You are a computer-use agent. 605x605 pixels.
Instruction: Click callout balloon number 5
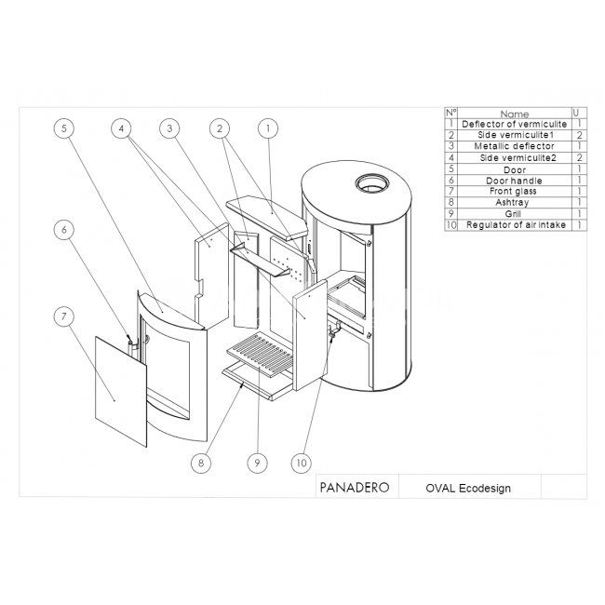pyautogui.click(x=63, y=128)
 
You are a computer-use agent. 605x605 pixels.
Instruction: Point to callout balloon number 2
pyautogui.click(x=220, y=128)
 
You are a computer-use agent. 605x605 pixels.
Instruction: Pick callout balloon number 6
pyautogui.click(x=63, y=229)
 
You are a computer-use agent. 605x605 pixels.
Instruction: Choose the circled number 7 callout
pyautogui.click(x=63, y=316)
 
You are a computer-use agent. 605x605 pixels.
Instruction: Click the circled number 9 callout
pyautogui.click(x=256, y=462)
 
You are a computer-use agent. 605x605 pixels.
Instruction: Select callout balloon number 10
pyautogui.click(x=301, y=462)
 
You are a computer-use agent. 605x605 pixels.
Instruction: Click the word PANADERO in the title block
pyautogui.click(x=354, y=488)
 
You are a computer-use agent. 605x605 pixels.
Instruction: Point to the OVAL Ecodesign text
pyautogui.click(x=468, y=488)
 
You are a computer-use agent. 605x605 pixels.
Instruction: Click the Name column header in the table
pyautogui.click(x=514, y=114)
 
